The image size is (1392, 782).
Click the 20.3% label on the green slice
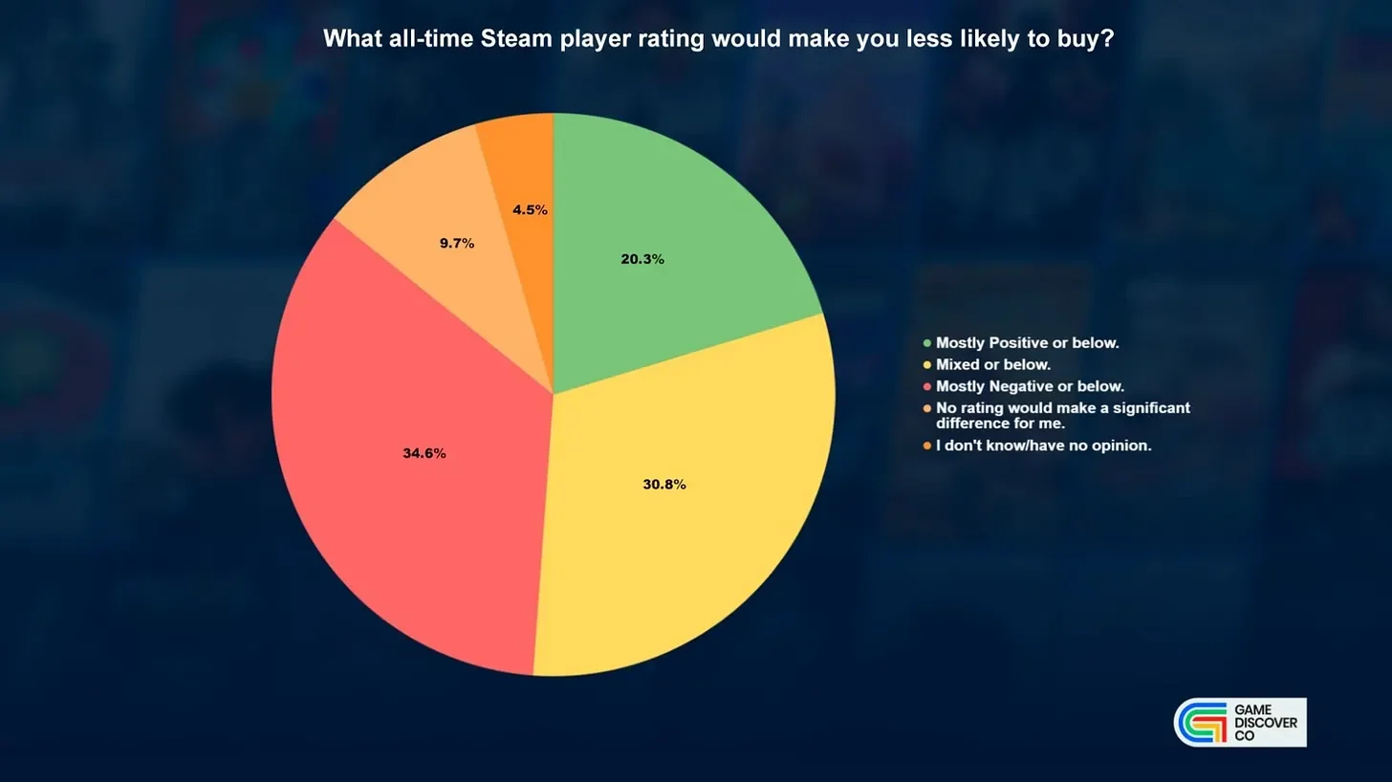click(642, 259)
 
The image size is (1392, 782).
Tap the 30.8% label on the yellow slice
click(664, 485)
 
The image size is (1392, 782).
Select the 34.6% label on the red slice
click(424, 453)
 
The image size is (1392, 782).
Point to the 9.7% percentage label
click(457, 243)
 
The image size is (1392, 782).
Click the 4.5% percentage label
click(530, 210)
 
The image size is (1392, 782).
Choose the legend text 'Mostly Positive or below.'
click(1027, 343)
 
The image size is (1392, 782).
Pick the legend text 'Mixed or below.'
click(993, 365)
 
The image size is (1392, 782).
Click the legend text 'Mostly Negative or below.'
click(1030, 386)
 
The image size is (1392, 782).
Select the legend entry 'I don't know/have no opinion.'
click(1043, 445)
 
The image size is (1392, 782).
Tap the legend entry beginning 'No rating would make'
click(1063, 415)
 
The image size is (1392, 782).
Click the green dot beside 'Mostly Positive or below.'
click(927, 343)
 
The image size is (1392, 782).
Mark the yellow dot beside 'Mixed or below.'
click(927, 365)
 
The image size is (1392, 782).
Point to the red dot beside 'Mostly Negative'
click(927, 386)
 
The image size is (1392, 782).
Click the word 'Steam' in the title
click(516, 38)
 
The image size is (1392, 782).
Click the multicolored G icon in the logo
click(1202, 723)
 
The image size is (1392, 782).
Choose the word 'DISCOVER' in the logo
click(1266, 723)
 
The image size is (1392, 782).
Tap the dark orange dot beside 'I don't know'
click(927, 445)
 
